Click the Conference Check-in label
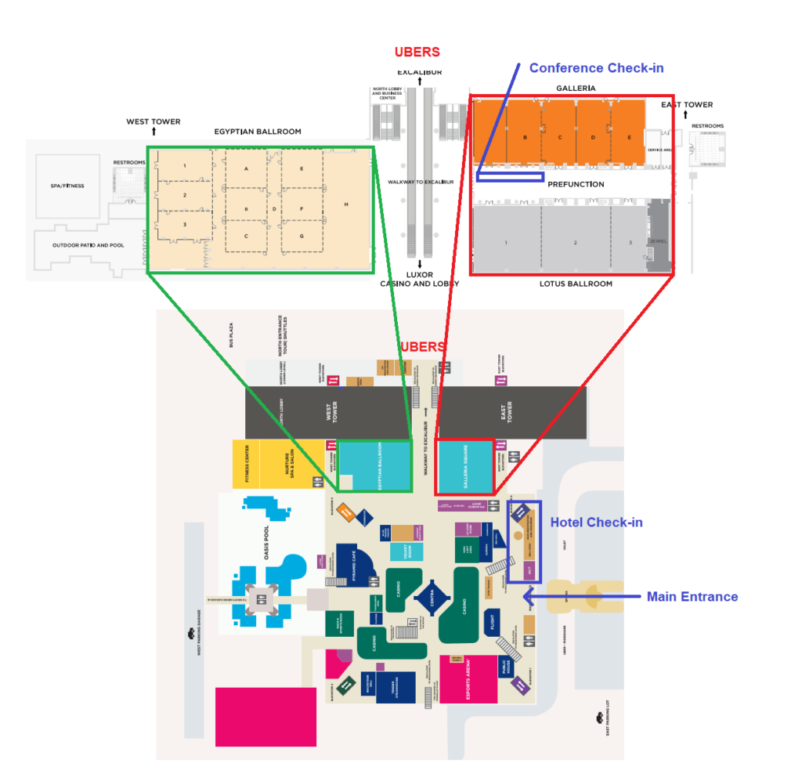tap(596, 68)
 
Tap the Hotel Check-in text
tap(596, 522)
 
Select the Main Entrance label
tap(692, 597)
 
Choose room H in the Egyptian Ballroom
tap(345, 205)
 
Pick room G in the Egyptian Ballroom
tap(301, 236)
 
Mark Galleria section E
tap(629, 137)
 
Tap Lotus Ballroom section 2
tap(574, 243)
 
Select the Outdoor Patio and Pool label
tap(78, 245)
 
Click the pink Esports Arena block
tap(468, 678)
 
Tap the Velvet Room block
tap(406, 551)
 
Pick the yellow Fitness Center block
tap(245, 465)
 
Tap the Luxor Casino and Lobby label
tap(420, 278)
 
